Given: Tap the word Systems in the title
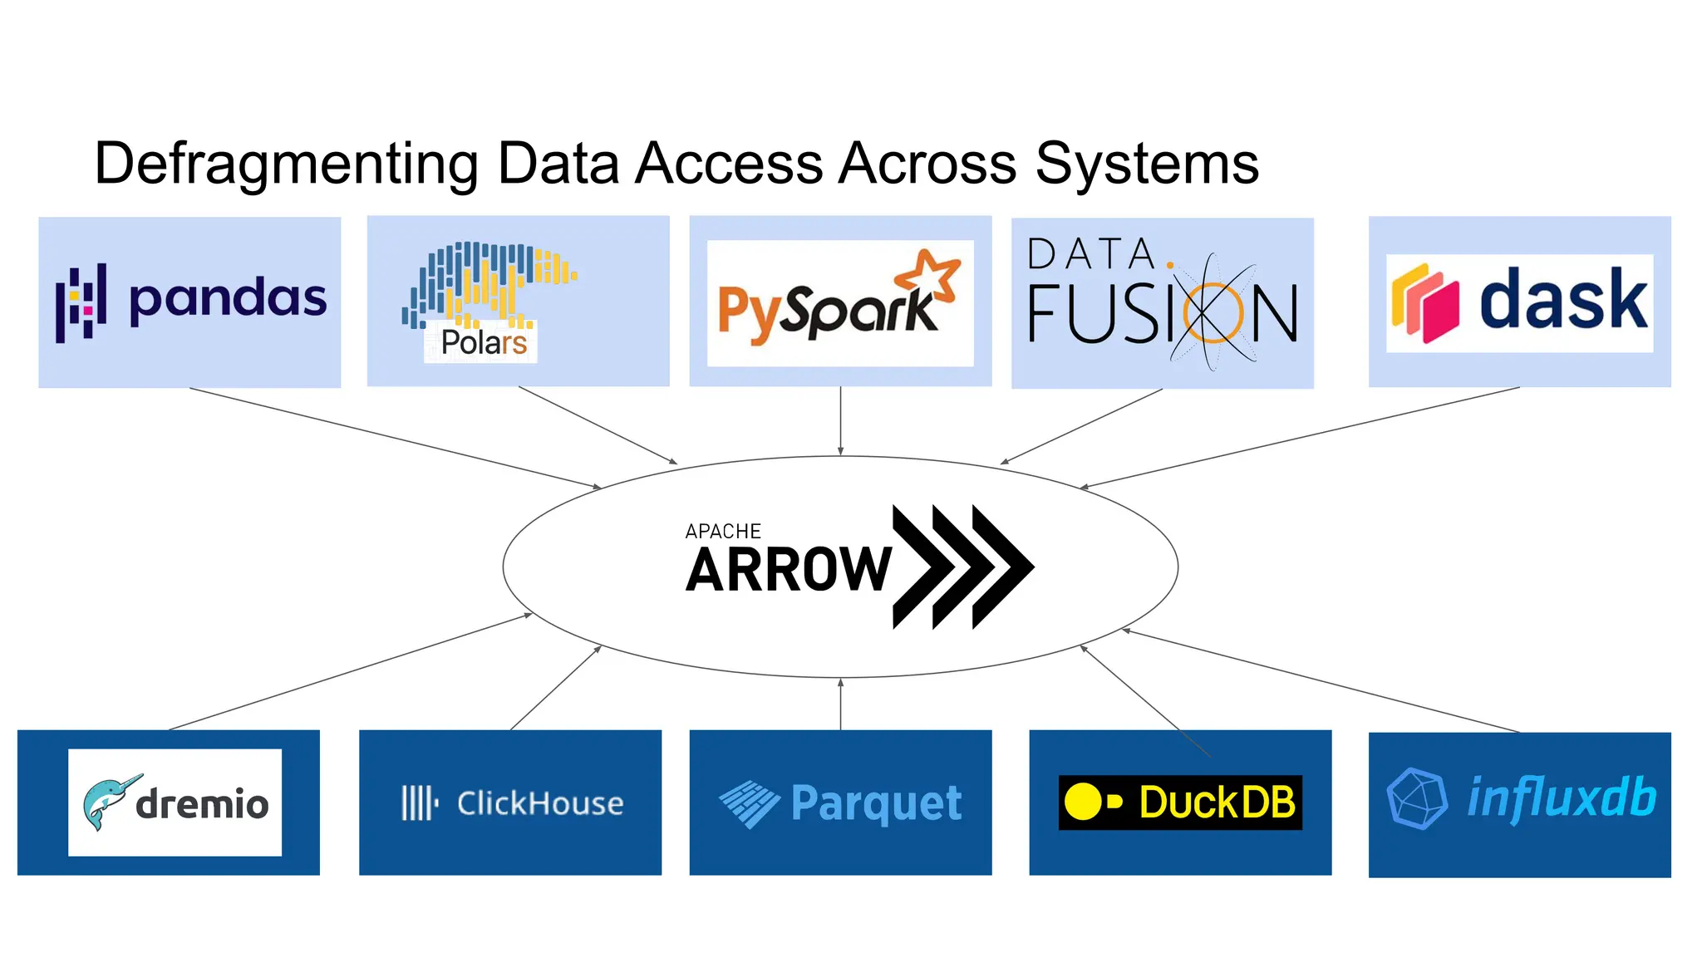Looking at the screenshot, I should tap(1147, 164).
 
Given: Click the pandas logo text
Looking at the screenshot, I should tap(228, 300).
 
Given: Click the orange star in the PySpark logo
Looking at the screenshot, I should tap(931, 276).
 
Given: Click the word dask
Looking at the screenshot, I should tap(1562, 301).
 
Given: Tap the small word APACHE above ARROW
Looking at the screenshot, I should tap(723, 532).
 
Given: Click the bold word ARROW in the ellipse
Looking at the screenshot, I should tap(788, 571).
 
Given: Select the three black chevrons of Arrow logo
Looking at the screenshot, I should tap(962, 567).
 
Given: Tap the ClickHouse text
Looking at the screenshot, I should tap(540, 803).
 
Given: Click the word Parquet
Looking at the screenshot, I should tap(876, 803).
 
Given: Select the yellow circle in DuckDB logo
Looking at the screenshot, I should tap(1083, 802).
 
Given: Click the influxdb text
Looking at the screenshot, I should tap(1561, 798).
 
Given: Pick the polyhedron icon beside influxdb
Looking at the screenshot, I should tap(1416, 798).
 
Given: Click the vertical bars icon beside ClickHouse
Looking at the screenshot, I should tap(418, 803).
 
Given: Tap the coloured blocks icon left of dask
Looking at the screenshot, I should tap(1424, 303).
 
